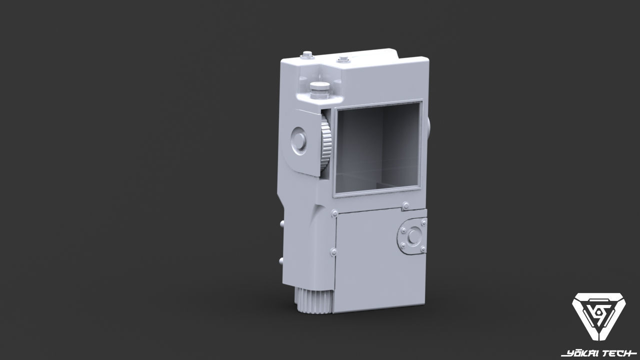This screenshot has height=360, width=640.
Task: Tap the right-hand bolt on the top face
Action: [343, 60]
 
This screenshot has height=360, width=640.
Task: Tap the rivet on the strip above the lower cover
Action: [405, 204]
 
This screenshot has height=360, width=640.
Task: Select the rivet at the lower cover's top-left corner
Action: [332, 213]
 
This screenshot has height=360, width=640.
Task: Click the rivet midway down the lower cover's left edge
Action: [332, 251]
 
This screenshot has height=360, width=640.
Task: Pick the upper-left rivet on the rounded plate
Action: [402, 230]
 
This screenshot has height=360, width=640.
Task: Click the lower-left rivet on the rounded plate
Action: [402, 245]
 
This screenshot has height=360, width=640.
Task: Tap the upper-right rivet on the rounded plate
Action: [424, 221]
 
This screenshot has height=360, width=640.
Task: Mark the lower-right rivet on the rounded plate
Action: [423, 248]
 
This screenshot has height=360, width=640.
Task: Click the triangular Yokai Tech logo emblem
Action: [598, 319]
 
